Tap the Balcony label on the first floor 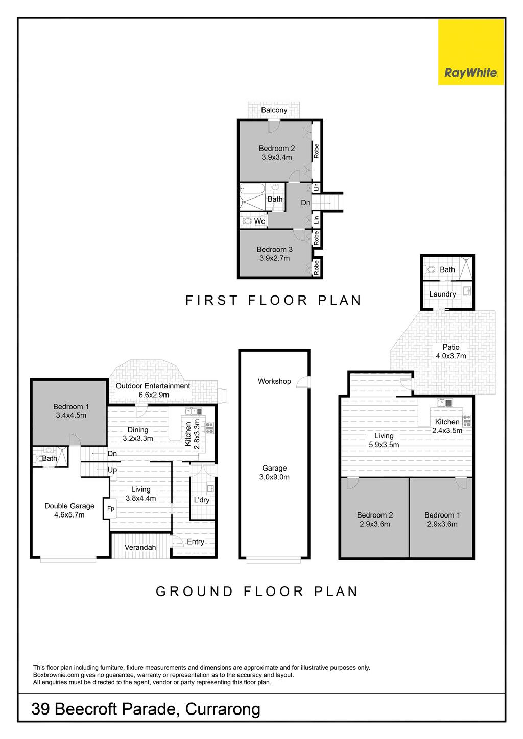[x=274, y=110]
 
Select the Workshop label [x=274, y=381]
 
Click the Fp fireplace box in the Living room [x=110, y=508]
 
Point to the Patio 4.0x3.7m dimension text [x=450, y=356]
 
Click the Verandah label [x=140, y=547]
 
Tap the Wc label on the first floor [x=259, y=221]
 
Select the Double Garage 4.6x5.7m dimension [x=69, y=514]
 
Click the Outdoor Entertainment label [x=153, y=386]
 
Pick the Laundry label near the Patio [x=442, y=294]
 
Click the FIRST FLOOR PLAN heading [x=273, y=300]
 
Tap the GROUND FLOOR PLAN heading [x=257, y=591]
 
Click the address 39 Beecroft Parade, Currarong [x=146, y=709]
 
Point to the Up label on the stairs [x=112, y=470]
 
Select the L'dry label [x=201, y=500]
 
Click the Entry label [x=196, y=541]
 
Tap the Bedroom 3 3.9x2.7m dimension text [x=275, y=258]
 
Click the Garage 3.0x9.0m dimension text [x=274, y=477]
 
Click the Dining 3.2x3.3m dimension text [x=138, y=438]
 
